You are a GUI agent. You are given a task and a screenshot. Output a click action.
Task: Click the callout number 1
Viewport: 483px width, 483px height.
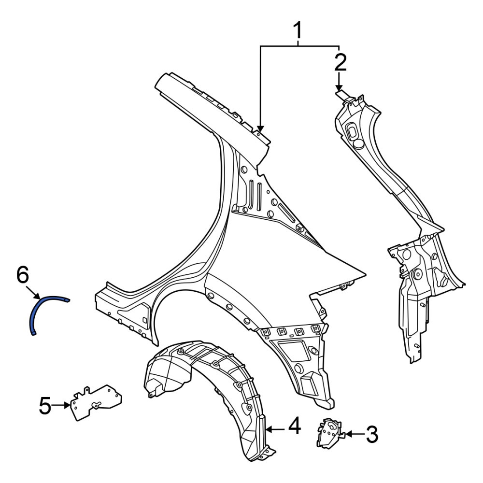(x=298, y=30)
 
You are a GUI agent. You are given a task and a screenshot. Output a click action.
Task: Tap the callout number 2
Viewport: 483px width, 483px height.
(x=340, y=62)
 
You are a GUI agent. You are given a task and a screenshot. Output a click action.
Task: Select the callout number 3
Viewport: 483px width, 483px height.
(x=372, y=435)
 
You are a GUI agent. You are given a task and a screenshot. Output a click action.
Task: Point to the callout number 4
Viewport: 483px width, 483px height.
(x=294, y=426)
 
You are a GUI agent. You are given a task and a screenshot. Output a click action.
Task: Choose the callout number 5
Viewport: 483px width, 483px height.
(x=45, y=406)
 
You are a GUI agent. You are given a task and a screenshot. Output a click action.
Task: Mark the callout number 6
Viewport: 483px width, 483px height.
(x=23, y=275)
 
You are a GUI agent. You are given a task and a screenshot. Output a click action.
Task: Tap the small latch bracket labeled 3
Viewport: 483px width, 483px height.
(x=329, y=433)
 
